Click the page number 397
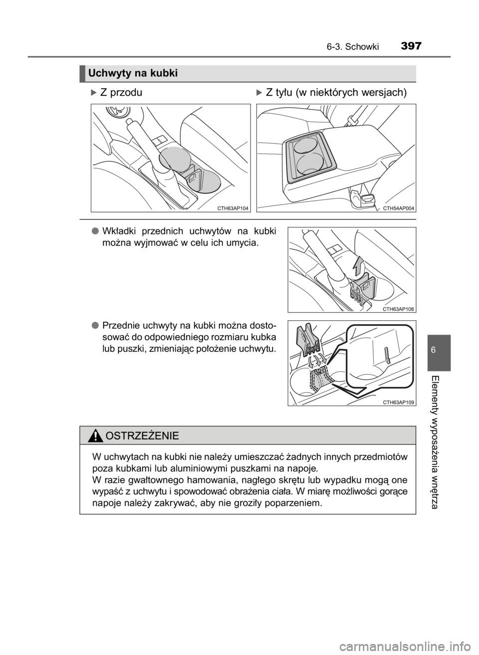[411, 46]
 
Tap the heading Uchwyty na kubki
[133, 73]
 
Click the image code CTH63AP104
[233, 208]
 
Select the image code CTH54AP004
[399, 208]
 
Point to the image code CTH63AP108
[399, 309]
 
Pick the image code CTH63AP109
[399, 402]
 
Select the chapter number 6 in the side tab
[439, 350]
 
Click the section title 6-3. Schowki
[353, 47]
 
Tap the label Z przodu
[121, 93]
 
